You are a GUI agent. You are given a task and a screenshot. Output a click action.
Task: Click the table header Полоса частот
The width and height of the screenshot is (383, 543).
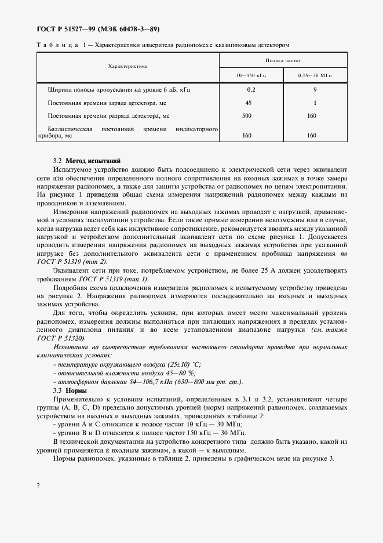coord(283,60)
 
